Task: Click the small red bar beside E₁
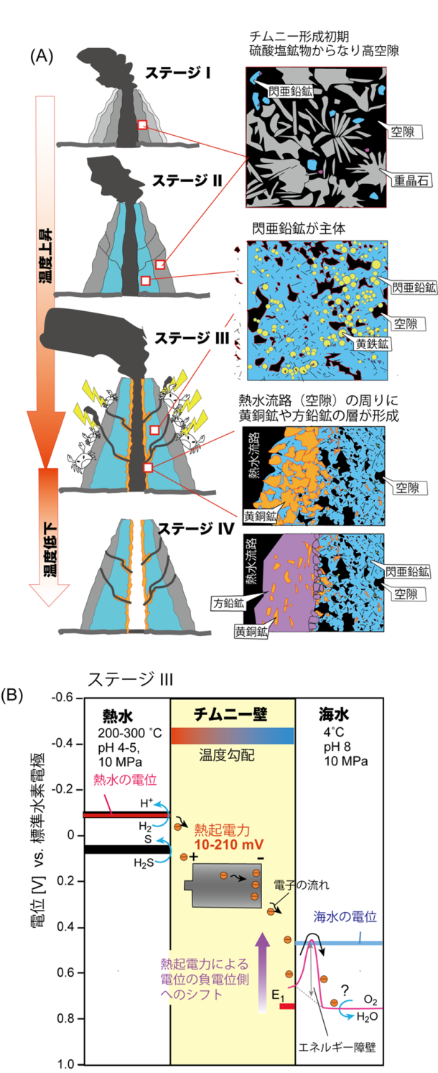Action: (x=287, y=1006)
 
